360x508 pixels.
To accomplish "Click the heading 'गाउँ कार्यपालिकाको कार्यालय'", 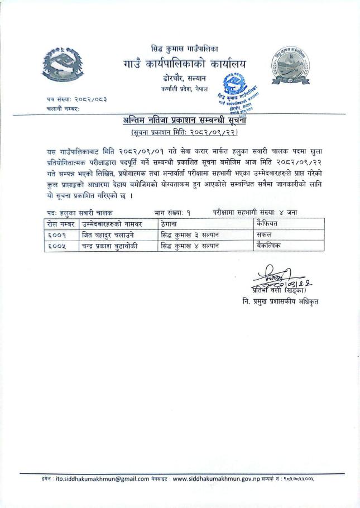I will click(183, 65).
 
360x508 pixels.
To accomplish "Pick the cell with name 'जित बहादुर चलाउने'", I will click(109, 234).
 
